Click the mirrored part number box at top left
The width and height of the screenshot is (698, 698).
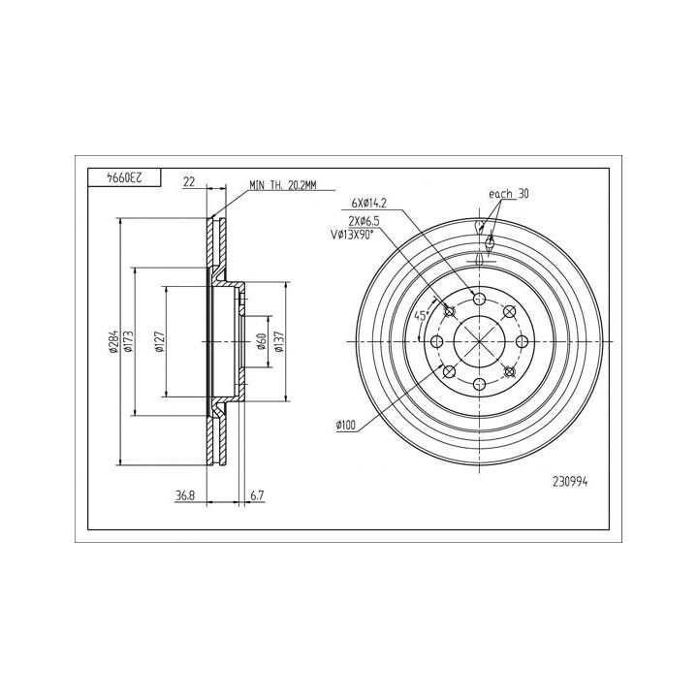[x=124, y=177]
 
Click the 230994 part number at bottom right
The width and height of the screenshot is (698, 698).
[x=570, y=482]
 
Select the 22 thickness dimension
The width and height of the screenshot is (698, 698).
[x=189, y=181]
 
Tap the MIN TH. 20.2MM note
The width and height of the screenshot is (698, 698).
[x=283, y=185]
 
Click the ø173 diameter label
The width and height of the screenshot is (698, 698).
[x=129, y=341]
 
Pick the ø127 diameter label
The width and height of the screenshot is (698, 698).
[x=160, y=342]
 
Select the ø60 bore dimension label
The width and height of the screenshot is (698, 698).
[x=262, y=341]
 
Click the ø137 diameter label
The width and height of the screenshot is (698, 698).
[x=279, y=341]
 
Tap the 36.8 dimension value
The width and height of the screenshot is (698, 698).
[x=185, y=495]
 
